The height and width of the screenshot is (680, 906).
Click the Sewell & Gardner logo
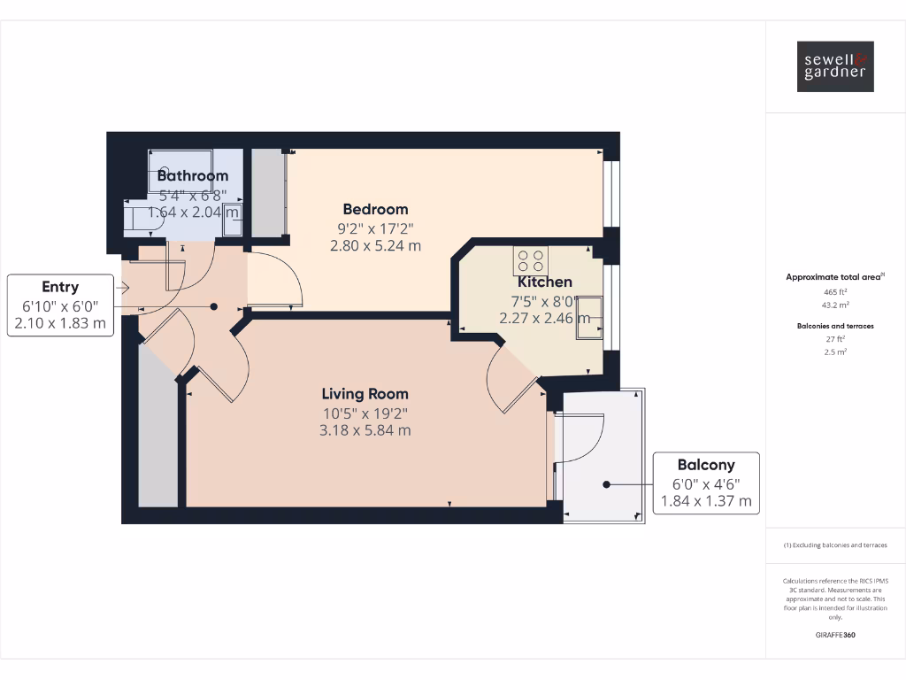point(835,66)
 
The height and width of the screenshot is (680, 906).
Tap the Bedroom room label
point(375,210)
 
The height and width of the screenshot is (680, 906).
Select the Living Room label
point(365,394)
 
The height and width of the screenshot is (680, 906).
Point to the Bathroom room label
point(192,176)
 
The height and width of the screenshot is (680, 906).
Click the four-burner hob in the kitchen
point(530,259)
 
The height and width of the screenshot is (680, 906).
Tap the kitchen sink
point(589,317)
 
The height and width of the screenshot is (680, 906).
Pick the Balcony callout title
point(705,465)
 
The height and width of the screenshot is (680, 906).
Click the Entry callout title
point(60,287)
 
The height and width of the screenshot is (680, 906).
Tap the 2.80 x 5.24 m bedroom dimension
point(375,246)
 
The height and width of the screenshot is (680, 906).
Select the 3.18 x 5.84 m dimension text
point(365,431)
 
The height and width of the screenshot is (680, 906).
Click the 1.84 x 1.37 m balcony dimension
point(705,501)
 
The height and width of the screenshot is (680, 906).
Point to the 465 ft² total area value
point(835,291)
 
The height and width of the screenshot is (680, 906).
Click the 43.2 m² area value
point(835,305)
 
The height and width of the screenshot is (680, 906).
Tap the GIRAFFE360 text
point(835,635)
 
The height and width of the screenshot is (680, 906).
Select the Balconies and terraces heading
point(835,326)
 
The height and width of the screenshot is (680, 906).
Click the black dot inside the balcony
point(607,484)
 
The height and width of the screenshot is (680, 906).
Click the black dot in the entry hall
point(213,306)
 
